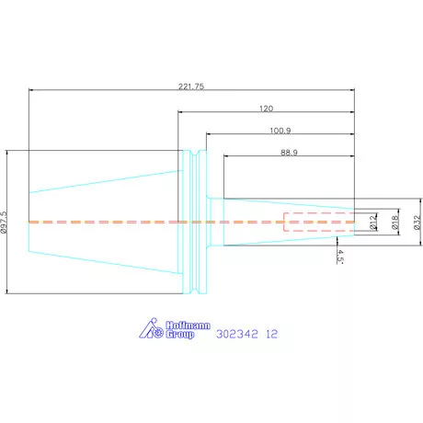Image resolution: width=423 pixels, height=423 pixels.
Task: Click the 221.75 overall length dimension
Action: (x=191, y=86)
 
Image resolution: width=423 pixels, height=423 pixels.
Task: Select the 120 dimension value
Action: (x=266, y=109)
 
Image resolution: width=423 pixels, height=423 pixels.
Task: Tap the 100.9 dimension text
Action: (x=280, y=131)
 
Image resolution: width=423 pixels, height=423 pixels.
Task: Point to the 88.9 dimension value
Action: (x=289, y=153)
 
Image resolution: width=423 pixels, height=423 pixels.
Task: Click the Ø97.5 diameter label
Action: (x=4, y=223)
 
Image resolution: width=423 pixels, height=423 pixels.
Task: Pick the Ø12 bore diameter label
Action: (x=372, y=223)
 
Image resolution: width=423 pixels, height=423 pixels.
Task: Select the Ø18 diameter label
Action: (x=395, y=223)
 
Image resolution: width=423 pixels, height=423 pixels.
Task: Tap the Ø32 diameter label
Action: (x=417, y=223)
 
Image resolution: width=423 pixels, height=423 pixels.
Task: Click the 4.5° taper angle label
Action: (x=340, y=257)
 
